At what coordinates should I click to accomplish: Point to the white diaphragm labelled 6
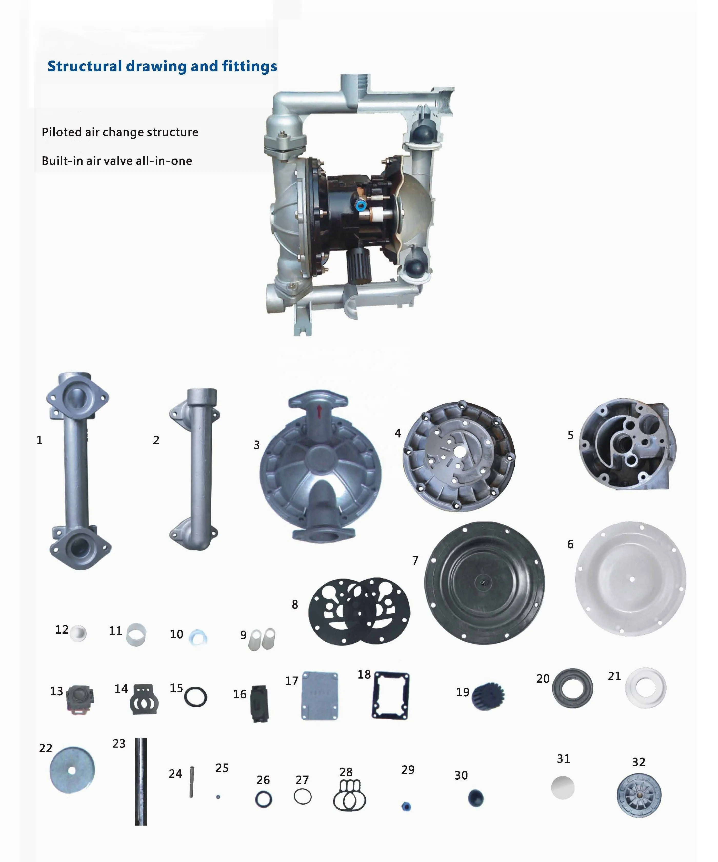[x=631, y=579]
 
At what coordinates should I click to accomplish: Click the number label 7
[x=415, y=560]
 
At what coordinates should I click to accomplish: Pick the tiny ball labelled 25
[x=218, y=797]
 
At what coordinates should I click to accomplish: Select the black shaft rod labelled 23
[x=141, y=782]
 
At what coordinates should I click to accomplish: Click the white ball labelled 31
[x=563, y=787]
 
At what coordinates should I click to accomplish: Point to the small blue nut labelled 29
[x=406, y=807]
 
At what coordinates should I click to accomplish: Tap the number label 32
[x=639, y=762]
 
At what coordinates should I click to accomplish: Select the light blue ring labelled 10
[x=198, y=638]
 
